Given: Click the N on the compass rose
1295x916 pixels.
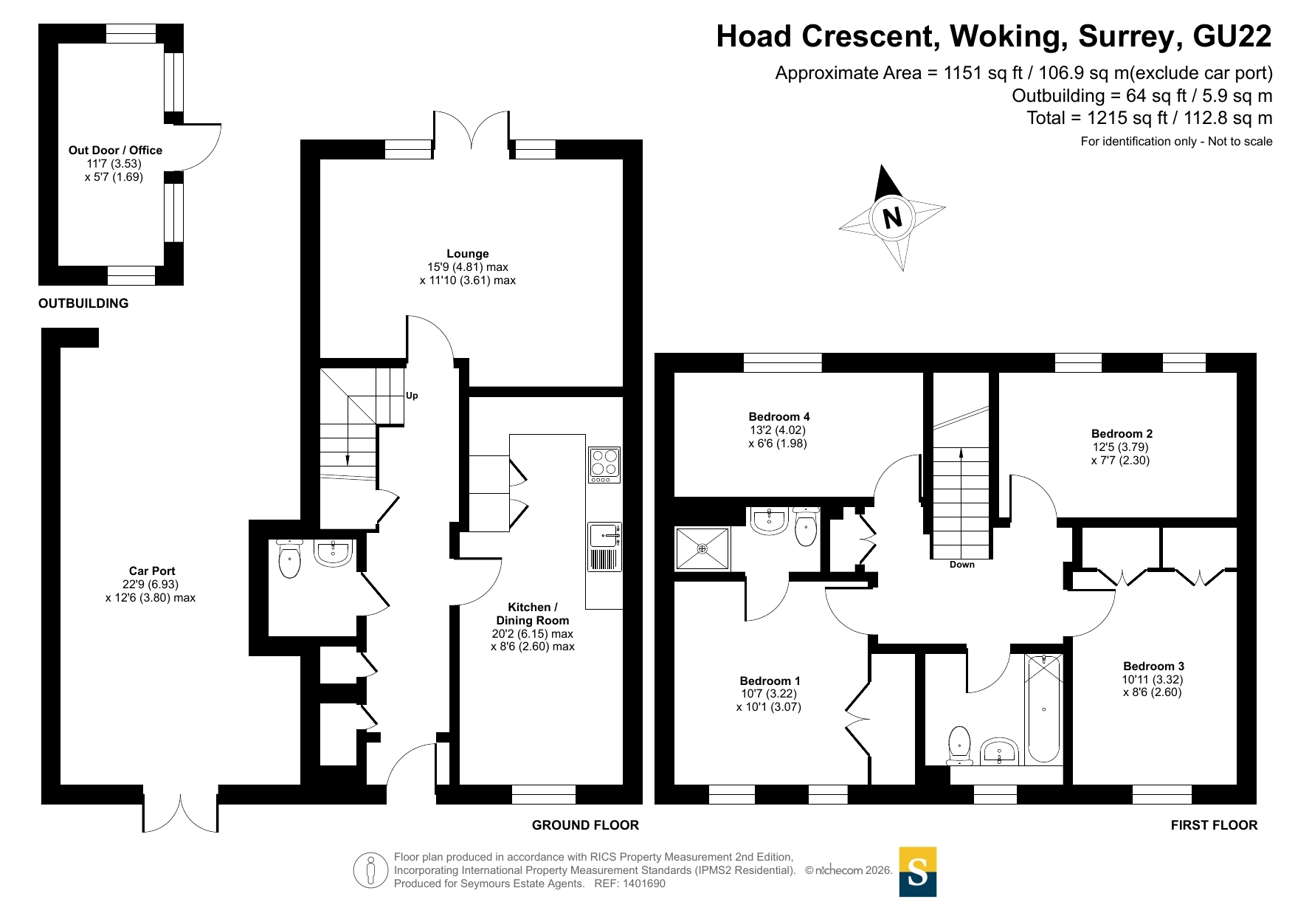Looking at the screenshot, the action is [892, 218].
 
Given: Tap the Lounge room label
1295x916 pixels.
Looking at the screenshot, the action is [468, 253].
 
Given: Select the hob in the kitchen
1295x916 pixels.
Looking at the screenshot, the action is [604, 465].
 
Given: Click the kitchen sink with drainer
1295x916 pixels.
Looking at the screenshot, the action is [604, 547].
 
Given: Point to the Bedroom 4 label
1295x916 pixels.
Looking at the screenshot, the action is [778, 417].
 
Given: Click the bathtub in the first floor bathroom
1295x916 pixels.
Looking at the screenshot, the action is [1043, 709].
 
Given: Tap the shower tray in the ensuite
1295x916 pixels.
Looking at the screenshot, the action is [702, 548].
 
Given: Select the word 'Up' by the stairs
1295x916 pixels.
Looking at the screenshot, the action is [412, 396].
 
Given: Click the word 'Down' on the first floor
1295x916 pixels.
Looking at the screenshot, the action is [962, 565].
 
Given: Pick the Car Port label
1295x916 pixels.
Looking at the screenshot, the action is [152, 571].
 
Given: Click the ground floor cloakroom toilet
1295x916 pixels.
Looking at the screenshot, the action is [290, 559].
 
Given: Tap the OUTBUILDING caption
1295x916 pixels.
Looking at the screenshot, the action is [83, 303].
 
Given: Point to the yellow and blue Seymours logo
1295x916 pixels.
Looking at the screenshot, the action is [918, 872].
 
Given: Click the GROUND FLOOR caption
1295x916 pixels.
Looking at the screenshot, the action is [585, 825].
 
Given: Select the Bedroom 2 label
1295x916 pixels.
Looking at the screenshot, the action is [1122, 434].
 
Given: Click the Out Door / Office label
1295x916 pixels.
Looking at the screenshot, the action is [115, 150].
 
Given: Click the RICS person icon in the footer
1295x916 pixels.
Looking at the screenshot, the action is [370, 870].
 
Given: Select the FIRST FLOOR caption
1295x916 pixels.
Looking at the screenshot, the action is [1214, 825].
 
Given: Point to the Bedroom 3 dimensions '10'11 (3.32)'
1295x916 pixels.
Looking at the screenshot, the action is [1153, 679].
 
